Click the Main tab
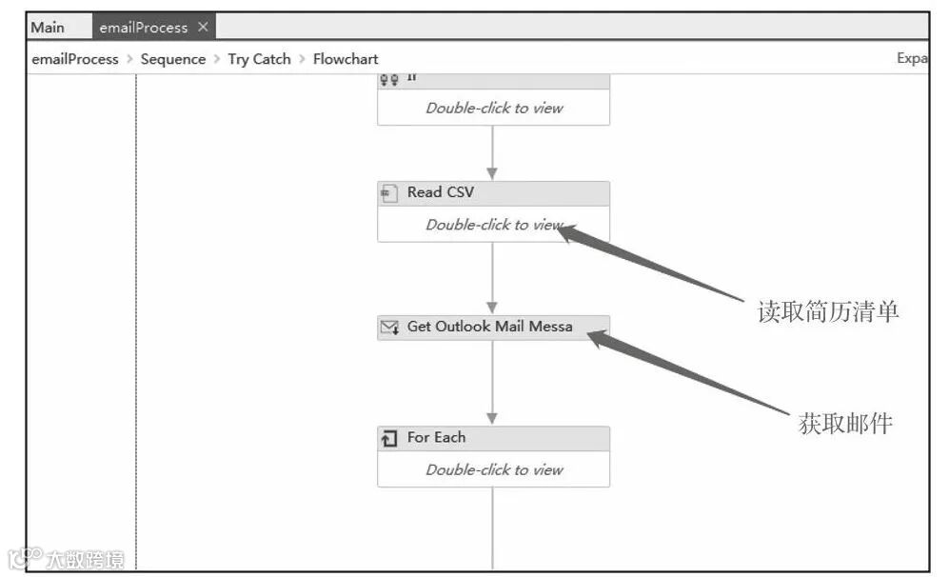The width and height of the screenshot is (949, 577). [48, 27]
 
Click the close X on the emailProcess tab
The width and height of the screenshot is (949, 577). [203, 27]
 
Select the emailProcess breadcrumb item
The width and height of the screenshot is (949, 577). [75, 59]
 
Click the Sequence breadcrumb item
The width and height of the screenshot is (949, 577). [172, 59]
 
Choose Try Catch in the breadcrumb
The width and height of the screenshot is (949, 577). [259, 59]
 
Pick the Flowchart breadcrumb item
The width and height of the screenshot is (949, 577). [346, 59]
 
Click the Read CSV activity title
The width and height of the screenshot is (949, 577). [440, 192]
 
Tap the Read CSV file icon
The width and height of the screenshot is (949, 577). [388, 193]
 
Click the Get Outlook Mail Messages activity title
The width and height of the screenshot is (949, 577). [489, 327]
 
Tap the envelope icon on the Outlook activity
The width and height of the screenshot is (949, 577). [389, 328]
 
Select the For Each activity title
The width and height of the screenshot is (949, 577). [436, 438]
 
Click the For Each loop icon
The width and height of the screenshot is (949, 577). [388, 439]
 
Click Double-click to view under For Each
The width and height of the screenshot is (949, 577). [494, 469]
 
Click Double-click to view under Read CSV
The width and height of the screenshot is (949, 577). [494, 225]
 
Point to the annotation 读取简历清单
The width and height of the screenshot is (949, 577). [827, 311]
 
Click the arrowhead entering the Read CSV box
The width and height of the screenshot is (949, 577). [492, 173]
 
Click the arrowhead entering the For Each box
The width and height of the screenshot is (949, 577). [492, 418]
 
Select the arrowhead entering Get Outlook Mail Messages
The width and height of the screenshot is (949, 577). [492, 308]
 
